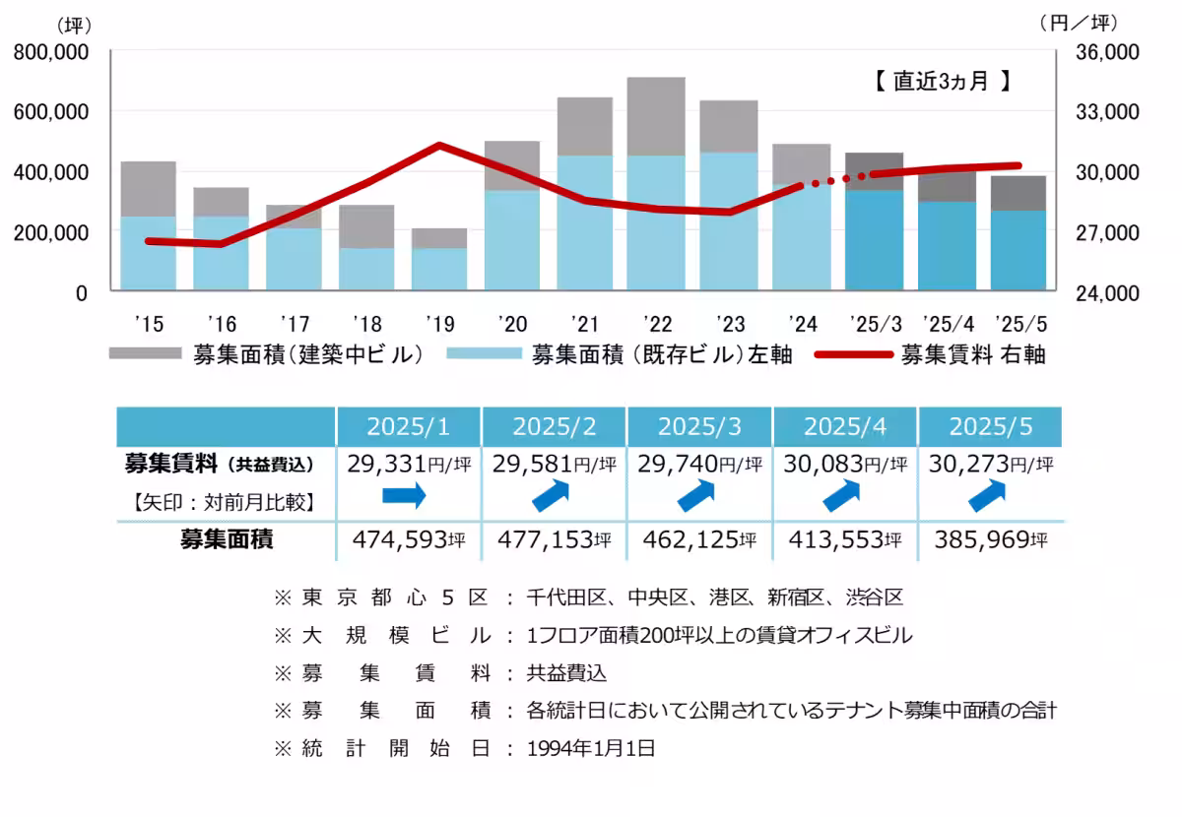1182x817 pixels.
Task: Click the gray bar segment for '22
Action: tap(656, 116)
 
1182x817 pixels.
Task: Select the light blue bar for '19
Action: tap(438, 269)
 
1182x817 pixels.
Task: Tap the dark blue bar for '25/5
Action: tap(1019, 250)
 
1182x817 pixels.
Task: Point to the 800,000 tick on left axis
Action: tap(50, 52)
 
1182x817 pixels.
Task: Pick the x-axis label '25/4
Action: tap(948, 323)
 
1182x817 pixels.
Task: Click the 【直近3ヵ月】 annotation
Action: tap(942, 82)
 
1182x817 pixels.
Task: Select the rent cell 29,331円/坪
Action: tap(409, 464)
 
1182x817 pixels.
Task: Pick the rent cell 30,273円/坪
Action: tap(990, 464)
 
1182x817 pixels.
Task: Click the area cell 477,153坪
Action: tap(554, 539)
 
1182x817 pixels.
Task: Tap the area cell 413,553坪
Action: tap(844, 539)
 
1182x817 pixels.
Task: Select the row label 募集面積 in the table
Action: tap(226, 539)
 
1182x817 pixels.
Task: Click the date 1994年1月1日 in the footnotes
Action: tap(591, 748)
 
